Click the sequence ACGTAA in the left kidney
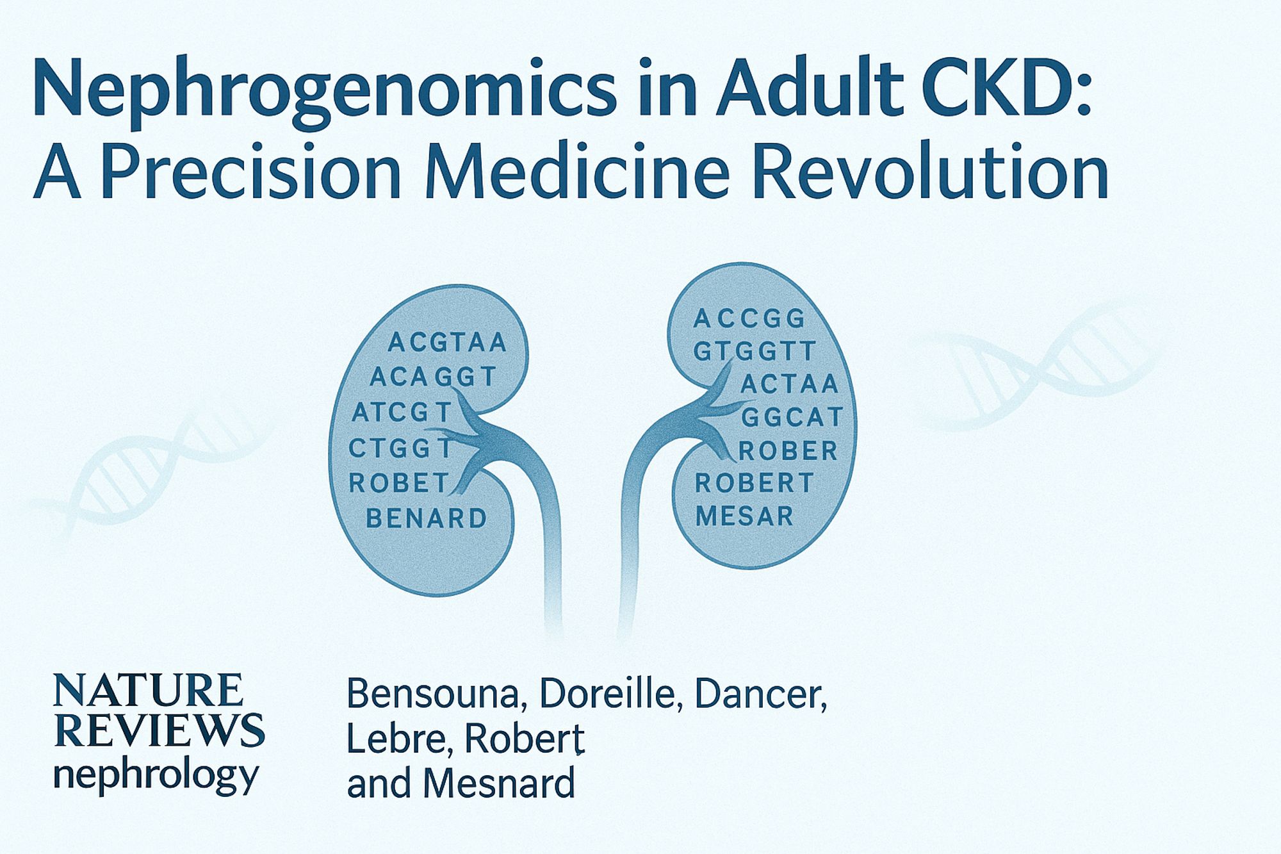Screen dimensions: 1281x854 pyautogui.click(x=447, y=343)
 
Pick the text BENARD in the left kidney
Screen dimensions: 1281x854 pyautogui.click(x=426, y=518)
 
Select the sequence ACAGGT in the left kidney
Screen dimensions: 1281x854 pyautogui.click(x=433, y=377)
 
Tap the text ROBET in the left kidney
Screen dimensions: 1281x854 pyautogui.click(x=398, y=482)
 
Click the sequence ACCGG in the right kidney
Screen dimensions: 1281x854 pyautogui.click(x=749, y=318)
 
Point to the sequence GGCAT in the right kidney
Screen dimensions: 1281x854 pyautogui.click(x=792, y=417)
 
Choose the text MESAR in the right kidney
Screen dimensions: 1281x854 pyautogui.click(x=744, y=516)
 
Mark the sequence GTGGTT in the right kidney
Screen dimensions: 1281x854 pyautogui.click(x=755, y=351)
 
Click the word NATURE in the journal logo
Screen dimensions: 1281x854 pyautogui.click(x=148, y=690)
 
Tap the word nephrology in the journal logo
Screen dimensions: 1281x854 pyautogui.click(x=156, y=776)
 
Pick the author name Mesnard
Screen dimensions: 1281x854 pyautogui.click(x=500, y=784)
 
